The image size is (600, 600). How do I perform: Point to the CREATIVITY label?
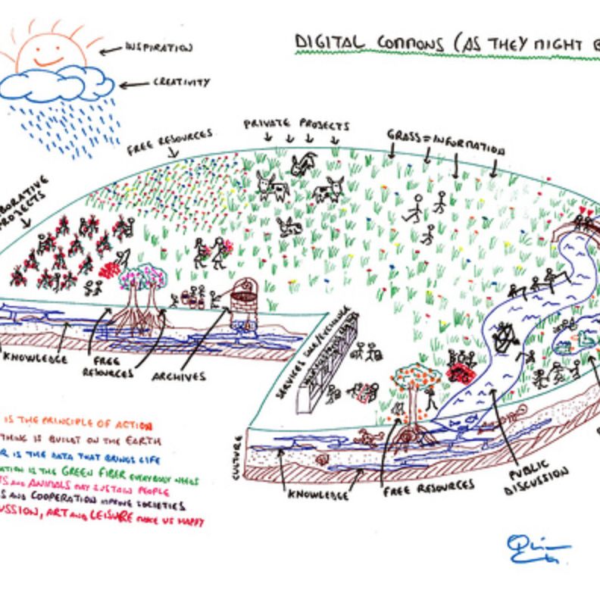(181, 82)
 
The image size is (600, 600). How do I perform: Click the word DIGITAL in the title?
(327, 43)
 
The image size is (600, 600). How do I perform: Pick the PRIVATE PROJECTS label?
(296, 124)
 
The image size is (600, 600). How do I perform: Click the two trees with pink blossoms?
(142, 285)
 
